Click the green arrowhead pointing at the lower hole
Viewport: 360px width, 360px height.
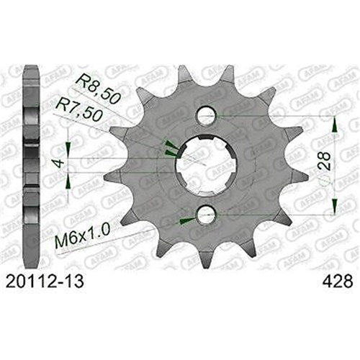tap(186, 218)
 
